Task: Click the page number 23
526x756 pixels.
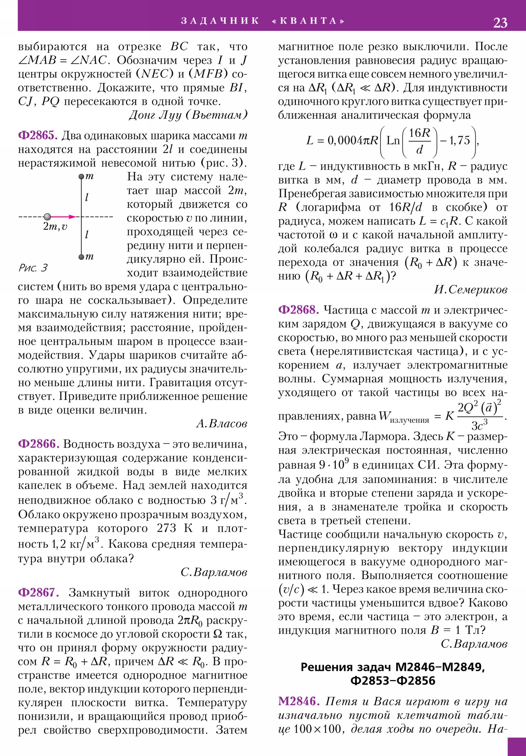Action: coord(500,23)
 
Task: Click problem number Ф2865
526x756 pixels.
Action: coord(38,135)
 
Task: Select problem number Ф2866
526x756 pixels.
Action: coord(38,444)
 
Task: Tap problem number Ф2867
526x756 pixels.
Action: coord(38,593)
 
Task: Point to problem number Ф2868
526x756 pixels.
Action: coord(299,310)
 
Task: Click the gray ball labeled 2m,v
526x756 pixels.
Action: coord(47,217)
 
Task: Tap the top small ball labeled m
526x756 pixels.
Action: coord(81,177)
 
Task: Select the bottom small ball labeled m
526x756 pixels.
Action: coord(81,257)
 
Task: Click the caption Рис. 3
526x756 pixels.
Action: coord(33,268)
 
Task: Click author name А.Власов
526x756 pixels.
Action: coord(222,424)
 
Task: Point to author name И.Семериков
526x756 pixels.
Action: coord(470,290)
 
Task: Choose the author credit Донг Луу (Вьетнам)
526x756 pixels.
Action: coord(188,115)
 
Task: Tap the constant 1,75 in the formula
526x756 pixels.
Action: coord(460,141)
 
